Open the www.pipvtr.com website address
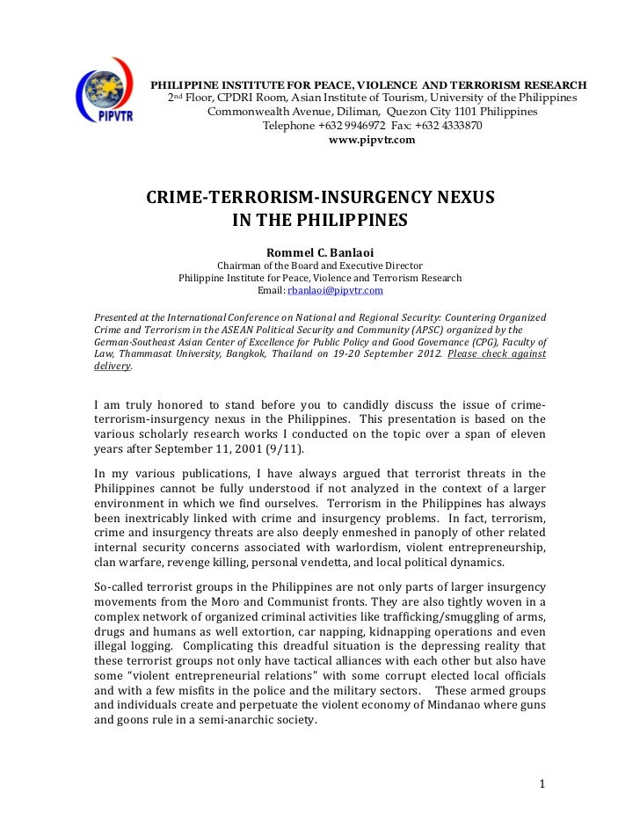tap(371, 140)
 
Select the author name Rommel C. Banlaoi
tap(320, 251)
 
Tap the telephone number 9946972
tap(369, 126)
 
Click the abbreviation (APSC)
tap(388, 330)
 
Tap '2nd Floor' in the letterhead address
tap(197, 97)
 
